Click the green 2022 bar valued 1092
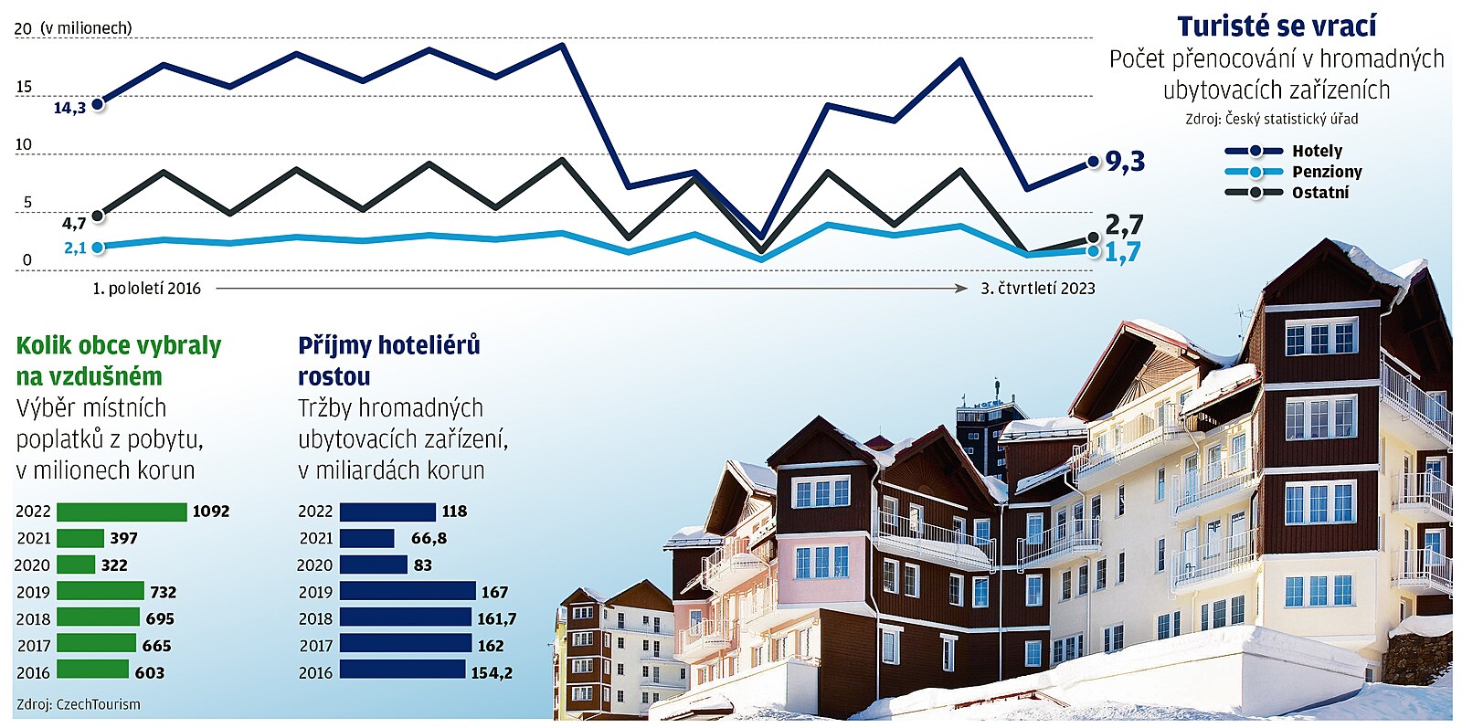coord(122,512)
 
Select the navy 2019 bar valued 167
coord(408,591)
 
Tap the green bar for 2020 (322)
coord(76,564)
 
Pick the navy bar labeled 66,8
coord(367,538)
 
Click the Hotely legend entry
coord(1317,151)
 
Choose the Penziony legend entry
coord(1326,172)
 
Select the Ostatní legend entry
coord(1319,193)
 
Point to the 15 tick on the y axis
coord(24,87)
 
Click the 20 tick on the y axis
coord(23,28)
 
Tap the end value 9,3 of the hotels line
coord(1125,162)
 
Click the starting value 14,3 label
coord(69,108)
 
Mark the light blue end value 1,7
coord(1122,252)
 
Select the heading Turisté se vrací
coord(1276,26)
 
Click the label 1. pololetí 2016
coord(146,289)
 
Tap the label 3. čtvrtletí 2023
coord(1037,289)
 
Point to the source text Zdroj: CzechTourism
coord(79,704)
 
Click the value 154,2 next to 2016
coord(492,672)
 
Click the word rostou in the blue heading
coord(334,376)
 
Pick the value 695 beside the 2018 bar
coord(160,618)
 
